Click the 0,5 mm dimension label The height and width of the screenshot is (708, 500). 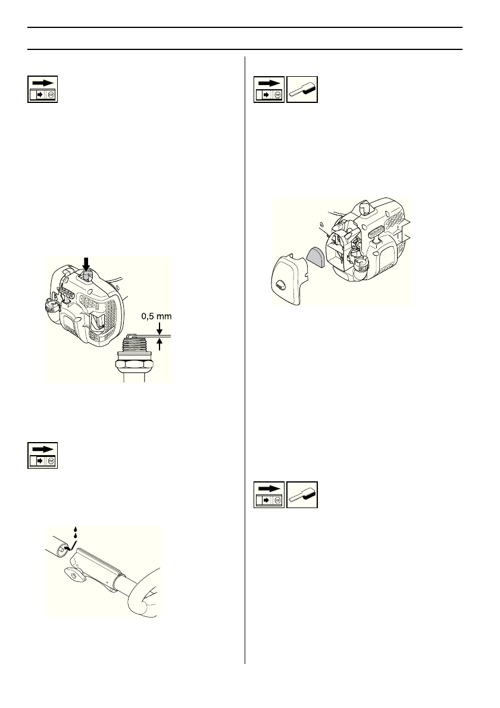[155, 317]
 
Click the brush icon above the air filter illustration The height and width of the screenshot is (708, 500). [302, 90]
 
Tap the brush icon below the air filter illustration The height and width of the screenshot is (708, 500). [302, 495]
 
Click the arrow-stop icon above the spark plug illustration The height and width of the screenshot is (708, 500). [43, 90]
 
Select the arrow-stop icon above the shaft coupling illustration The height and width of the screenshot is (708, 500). [43, 456]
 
